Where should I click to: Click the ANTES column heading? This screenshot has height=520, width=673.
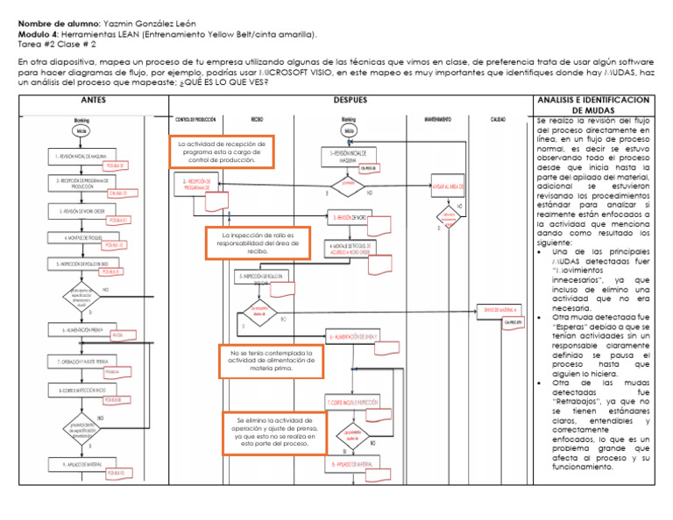[93, 101]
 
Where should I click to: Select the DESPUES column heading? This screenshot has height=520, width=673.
[350, 101]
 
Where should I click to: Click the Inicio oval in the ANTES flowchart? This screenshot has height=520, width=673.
[81, 131]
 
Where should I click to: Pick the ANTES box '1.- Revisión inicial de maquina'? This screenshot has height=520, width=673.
[81, 157]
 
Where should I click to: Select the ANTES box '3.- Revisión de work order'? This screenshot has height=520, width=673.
[81, 212]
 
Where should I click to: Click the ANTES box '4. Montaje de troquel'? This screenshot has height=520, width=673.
[81, 237]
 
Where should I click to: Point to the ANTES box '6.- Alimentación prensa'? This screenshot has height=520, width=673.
[81, 331]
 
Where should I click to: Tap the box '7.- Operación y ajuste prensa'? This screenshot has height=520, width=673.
[81, 361]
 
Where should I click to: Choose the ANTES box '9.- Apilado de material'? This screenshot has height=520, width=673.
[81, 464]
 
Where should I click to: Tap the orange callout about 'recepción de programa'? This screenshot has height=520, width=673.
[221, 152]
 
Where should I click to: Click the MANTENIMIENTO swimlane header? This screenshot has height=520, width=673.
[443, 117]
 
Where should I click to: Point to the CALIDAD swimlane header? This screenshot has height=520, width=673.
[498, 117]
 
